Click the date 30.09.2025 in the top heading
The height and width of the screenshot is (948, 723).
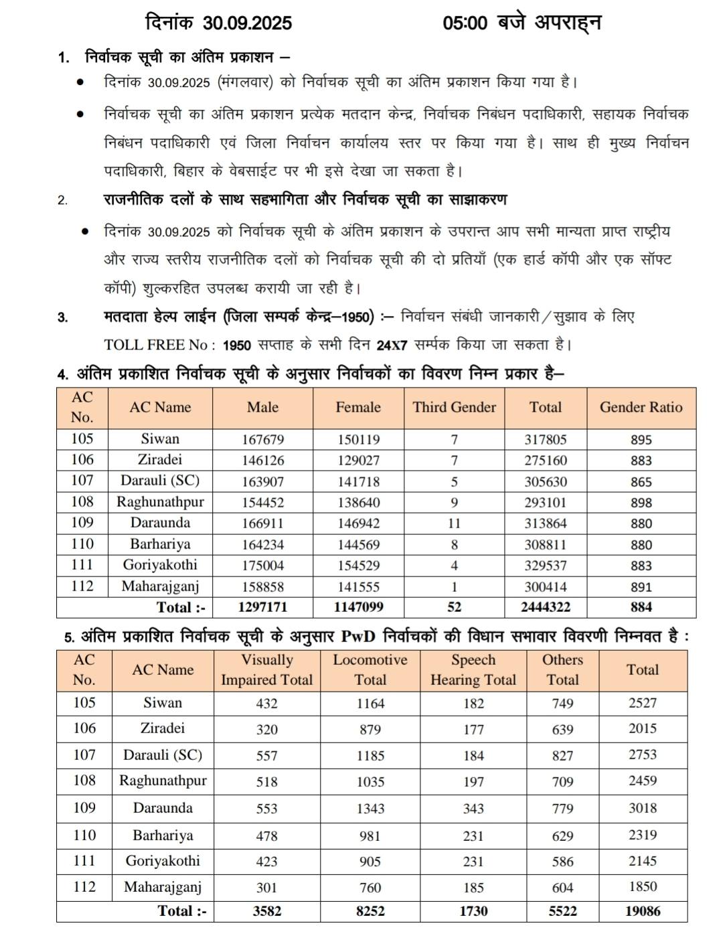tap(248, 23)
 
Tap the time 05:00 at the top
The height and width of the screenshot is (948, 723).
tap(465, 23)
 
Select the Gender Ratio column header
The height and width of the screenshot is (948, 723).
tap(641, 407)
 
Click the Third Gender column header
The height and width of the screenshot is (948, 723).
tap(454, 407)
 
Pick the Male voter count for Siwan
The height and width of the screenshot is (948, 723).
tap(262, 440)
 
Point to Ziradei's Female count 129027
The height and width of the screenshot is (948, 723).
tap(358, 461)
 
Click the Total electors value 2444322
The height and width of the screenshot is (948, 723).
tap(545, 607)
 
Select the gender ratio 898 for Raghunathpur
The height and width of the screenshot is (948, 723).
tap(641, 503)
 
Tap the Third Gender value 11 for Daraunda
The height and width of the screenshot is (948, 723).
tap(454, 524)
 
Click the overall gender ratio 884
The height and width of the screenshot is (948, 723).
tap(641, 607)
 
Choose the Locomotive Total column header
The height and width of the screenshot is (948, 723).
tap(370, 669)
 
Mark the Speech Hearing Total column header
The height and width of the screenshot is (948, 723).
tap(473, 669)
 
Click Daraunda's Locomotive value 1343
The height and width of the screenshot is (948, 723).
tap(370, 809)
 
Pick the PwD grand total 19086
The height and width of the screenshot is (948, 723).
tap(643, 911)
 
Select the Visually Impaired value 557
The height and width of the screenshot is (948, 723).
tap(266, 756)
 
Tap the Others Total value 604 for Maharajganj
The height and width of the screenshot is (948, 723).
tap(562, 888)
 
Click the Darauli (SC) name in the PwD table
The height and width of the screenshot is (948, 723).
tap(163, 755)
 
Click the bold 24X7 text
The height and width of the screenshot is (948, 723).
tap(392, 346)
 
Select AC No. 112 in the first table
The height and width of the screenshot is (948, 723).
tap(82, 586)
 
